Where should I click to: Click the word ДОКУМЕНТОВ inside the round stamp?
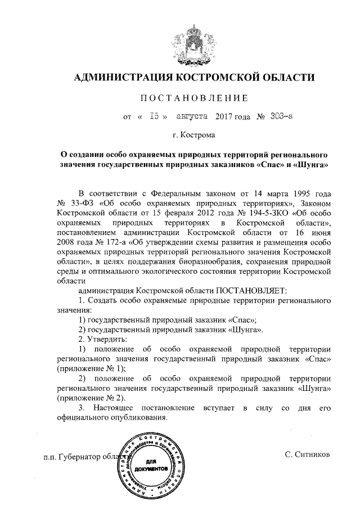coord(151,467)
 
